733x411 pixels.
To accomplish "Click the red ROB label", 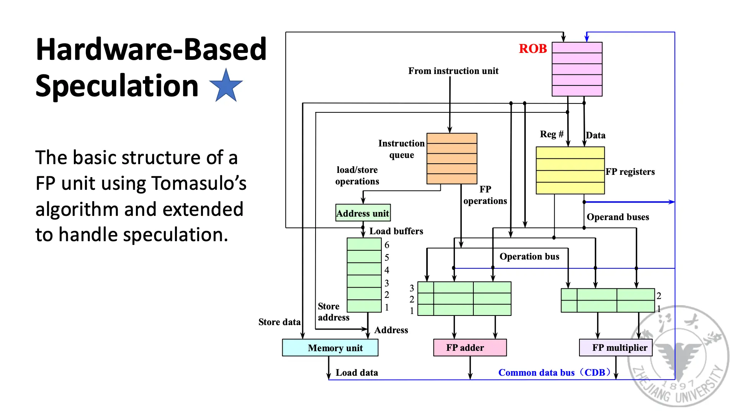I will pyautogui.click(x=532, y=49).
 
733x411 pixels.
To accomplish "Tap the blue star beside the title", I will pyautogui.click(x=226, y=86).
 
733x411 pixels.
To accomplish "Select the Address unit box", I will pyautogui.click(x=363, y=213).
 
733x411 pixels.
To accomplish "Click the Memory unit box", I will pyautogui.click(x=330, y=348).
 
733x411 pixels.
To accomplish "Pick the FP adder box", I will pyautogui.click(x=470, y=348).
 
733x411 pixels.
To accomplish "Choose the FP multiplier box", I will pyautogui.click(x=615, y=348).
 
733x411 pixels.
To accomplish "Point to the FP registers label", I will pyautogui.click(x=630, y=172).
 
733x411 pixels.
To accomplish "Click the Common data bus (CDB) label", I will pyautogui.click(x=554, y=373).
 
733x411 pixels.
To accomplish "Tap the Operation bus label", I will pyautogui.click(x=529, y=256).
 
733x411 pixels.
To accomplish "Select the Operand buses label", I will pyautogui.click(x=618, y=217).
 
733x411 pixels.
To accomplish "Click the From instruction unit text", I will pyautogui.click(x=453, y=71).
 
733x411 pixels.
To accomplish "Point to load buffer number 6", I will pyautogui.click(x=387, y=245).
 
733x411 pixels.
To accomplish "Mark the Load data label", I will pyautogui.click(x=357, y=373).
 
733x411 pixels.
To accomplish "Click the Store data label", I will pyautogui.click(x=279, y=322).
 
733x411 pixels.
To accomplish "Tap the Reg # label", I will pyautogui.click(x=551, y=134).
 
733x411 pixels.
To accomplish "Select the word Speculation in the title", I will pyautogui.click(x=117, y=86).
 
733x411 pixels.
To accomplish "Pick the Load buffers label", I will pyautogui.click(x=396, y=231).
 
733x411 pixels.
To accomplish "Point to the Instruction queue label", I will pyautogui.click(x=401, y=149).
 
